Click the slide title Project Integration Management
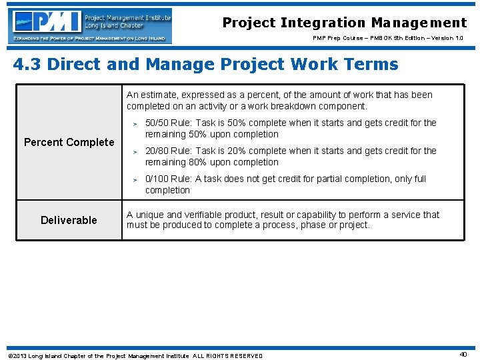[x=345, y=23]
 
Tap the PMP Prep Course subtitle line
[x=388, y=39]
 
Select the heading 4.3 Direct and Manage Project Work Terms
[x=205, y=65]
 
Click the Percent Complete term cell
[x=69, y=142]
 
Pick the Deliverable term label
[x=69, y=220]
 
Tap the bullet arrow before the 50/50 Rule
[x=134, y=123]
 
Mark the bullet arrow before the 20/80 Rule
[x=134, y=151]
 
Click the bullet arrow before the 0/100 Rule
[x=134, y=179]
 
